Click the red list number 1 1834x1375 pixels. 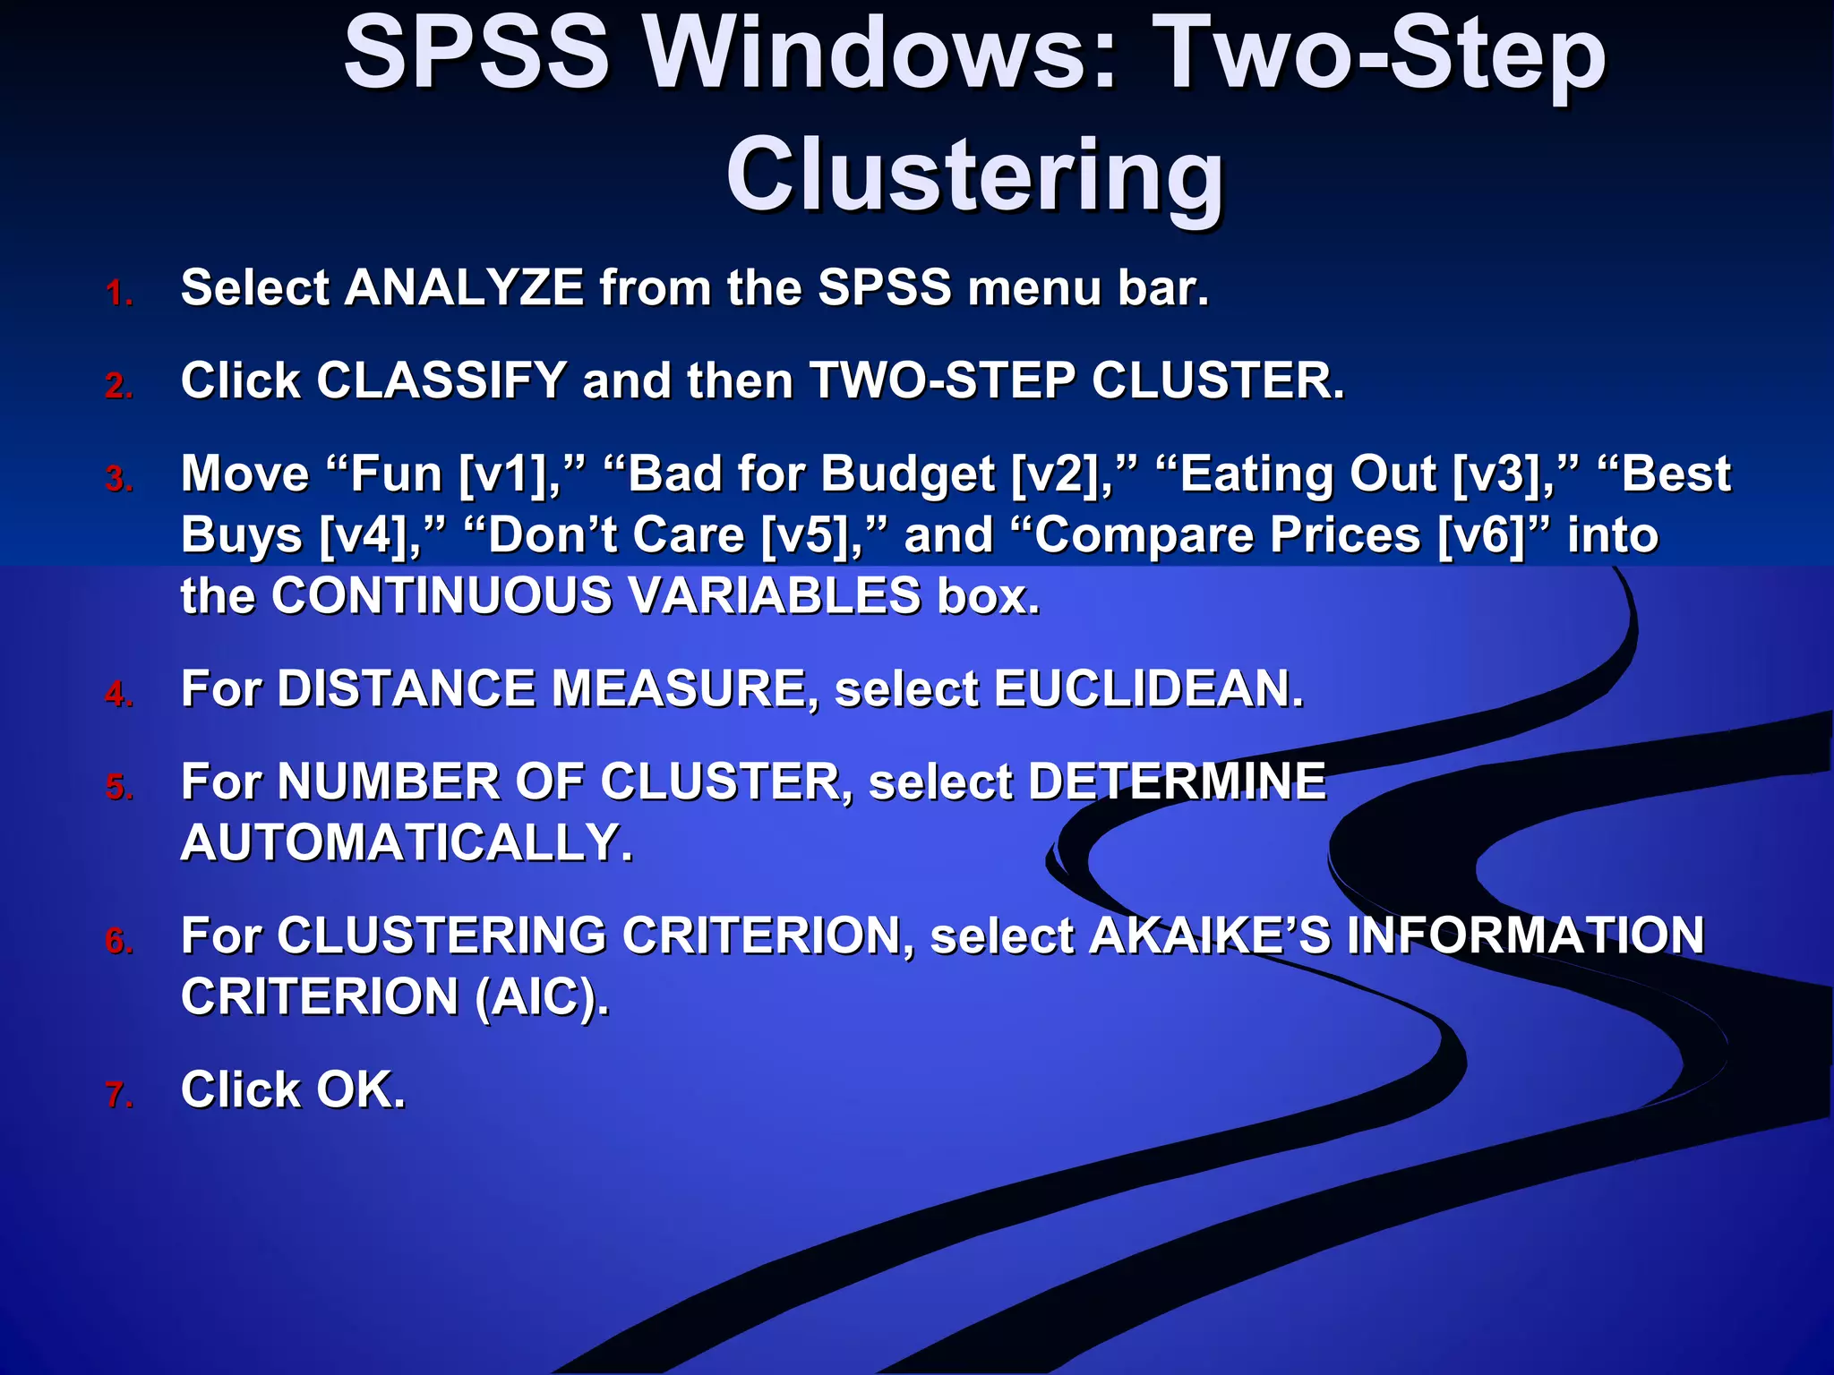[118, 294]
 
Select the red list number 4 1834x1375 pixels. [118, 695]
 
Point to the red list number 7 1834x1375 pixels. [118, 1095]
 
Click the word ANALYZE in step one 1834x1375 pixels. [464, 288]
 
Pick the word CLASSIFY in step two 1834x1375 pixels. [441, 381]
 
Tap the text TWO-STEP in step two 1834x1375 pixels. [942, 381]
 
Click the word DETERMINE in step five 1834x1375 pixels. [1176, 782]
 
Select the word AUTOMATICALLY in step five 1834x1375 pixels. [407, 843]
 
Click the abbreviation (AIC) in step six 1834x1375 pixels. [541, 998]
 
